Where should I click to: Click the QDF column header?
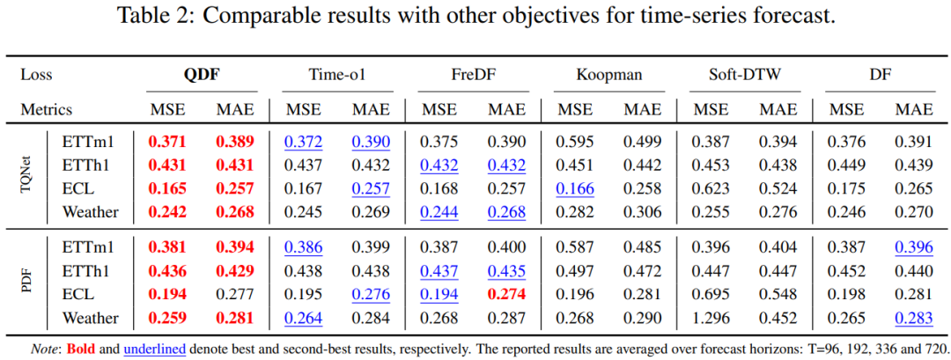[202, 75]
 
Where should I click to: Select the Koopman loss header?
[609, 75]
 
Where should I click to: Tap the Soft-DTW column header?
[745, 75]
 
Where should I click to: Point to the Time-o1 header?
[337, 75]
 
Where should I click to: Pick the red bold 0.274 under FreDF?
[508, 295]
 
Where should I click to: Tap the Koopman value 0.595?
[576, 142]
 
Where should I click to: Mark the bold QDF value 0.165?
[167, 189]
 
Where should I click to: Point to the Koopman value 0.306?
[643, 212]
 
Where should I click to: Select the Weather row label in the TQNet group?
[91, 212]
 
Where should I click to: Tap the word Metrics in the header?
[47, 110]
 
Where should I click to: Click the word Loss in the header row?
[36, 75]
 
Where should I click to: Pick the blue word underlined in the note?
[155, 349]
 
